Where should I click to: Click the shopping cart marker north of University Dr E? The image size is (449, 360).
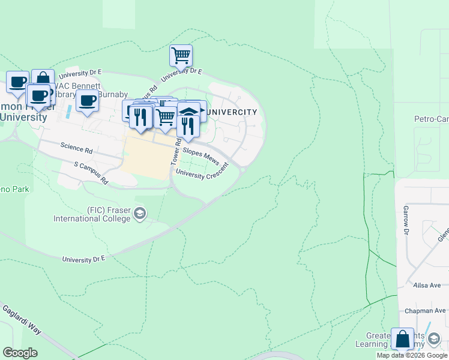181,55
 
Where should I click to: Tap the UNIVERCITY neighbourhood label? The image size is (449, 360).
232,112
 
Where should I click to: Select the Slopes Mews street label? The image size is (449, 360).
201,154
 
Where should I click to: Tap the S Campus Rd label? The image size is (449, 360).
91,172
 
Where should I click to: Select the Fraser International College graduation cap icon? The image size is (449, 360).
140,214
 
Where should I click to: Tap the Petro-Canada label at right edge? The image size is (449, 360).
431,119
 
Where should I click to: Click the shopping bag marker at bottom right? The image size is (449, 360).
402,339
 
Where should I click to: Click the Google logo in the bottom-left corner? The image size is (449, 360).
20,353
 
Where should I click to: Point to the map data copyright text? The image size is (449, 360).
412,355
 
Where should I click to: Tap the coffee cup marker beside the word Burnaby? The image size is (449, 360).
88,101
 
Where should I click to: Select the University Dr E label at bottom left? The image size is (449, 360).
83,258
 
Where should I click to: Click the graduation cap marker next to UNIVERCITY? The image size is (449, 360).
189,112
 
